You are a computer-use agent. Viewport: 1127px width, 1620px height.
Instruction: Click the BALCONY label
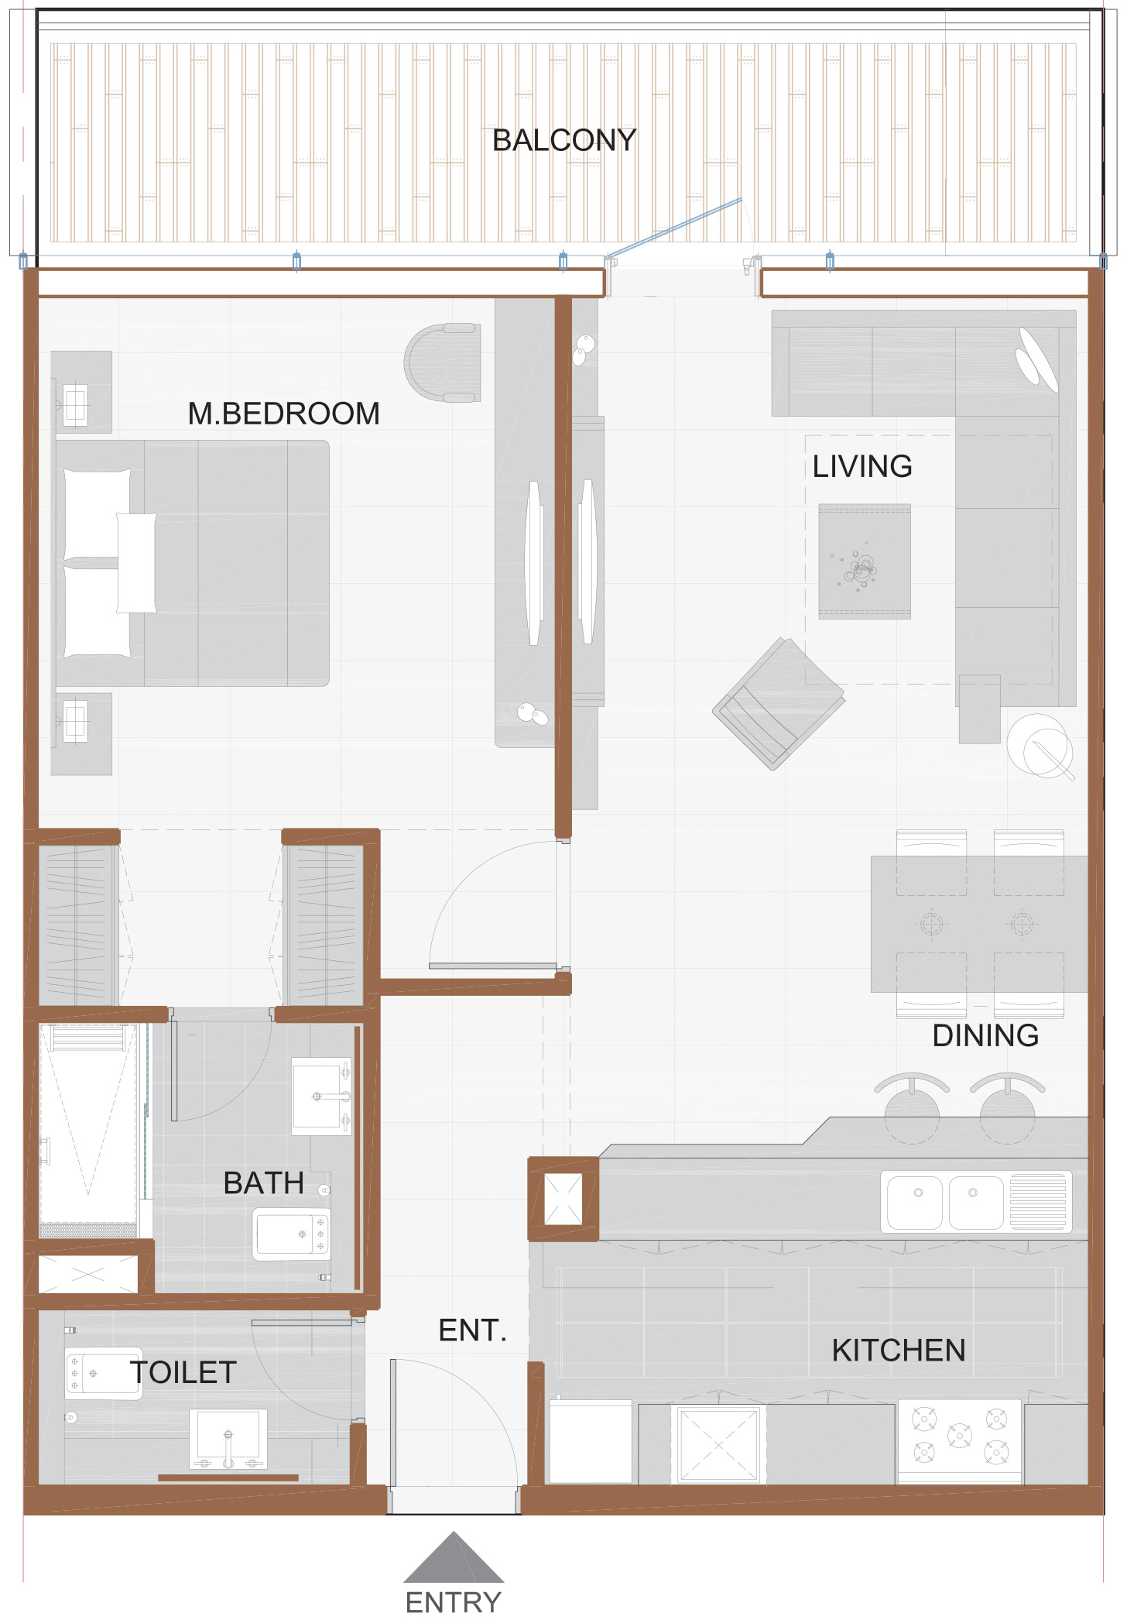(x=564, y=140)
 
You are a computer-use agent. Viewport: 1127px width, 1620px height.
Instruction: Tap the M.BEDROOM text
(x=283, y=414)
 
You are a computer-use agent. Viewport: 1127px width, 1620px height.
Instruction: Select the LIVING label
(x=862, y=467)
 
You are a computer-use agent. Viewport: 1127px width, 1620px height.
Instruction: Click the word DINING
(x=985, y=1035)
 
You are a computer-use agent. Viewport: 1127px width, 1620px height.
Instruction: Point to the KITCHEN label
(x=899, y=1351)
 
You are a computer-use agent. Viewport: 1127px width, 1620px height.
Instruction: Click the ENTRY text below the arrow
(x=454, y=1602)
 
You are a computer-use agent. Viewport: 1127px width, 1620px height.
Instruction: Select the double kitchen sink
(x=946, y=1203)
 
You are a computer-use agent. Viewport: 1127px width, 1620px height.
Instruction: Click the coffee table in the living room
(x=865, y=561)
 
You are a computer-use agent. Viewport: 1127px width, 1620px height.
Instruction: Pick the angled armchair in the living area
(x=778, y=703)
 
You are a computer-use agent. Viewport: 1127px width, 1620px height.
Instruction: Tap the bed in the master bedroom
(x=194, y=563)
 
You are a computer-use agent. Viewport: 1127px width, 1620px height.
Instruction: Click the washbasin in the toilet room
(x=228, y=1439)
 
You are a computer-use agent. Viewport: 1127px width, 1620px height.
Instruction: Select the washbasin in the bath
(x=320, y=1096)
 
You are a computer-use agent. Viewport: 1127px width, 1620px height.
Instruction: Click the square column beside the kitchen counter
(x=563, y=1200)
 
